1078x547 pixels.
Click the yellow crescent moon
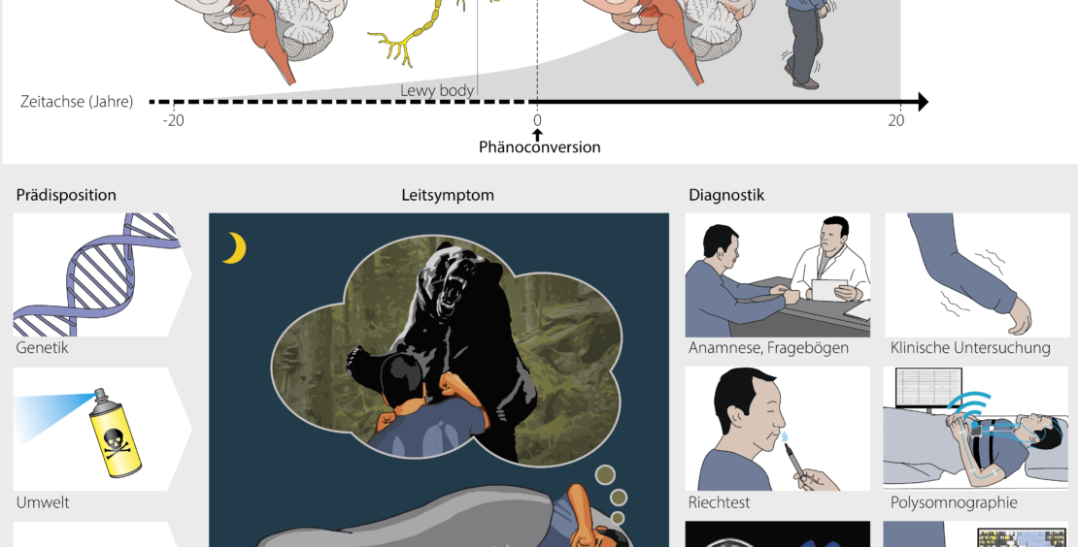(235, 247)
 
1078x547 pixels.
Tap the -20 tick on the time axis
(174, 121)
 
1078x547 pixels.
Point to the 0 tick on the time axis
(537, 120)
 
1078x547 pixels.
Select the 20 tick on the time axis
(895, 121)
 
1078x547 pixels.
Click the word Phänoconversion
(540, 146)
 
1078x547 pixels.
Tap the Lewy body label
(437, 90)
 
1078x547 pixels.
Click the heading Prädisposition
(66, 195)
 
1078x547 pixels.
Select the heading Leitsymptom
(448, 195)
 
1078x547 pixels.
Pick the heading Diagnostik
(726, 195)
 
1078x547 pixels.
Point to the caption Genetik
(42, 348)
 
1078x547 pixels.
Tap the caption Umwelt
(43, 502)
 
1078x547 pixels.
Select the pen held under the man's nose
(794, 462)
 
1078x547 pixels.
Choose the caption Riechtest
(719, 502)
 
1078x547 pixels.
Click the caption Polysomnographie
(954, 502)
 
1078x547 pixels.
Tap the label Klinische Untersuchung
(970, 348)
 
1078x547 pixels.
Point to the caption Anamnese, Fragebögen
(768, 348)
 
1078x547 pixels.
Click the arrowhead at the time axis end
(923, 102)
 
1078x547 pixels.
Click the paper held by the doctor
(829, 290)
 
